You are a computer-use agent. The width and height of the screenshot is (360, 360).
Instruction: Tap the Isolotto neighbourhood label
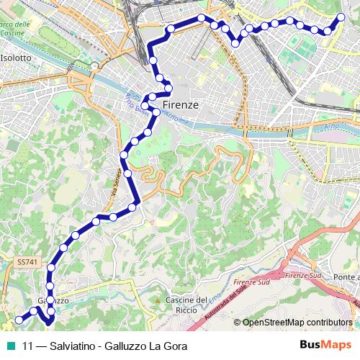point(16,57)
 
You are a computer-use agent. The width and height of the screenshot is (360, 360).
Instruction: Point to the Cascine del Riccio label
point(186,305)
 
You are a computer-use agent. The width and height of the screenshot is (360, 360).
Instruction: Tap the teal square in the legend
point(12,346)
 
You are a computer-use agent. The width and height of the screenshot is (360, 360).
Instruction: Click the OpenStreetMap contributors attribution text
point(297,323)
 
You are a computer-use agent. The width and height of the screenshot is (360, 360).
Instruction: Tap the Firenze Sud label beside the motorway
point(303,276)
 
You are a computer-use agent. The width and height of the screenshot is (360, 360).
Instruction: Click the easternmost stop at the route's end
point(341,17)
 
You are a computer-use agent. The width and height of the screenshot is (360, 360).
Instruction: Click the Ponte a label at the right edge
point(348,277)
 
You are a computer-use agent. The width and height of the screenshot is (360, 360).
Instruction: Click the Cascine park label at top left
point(14,30)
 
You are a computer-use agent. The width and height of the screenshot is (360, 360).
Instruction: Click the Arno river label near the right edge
point(327,125)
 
